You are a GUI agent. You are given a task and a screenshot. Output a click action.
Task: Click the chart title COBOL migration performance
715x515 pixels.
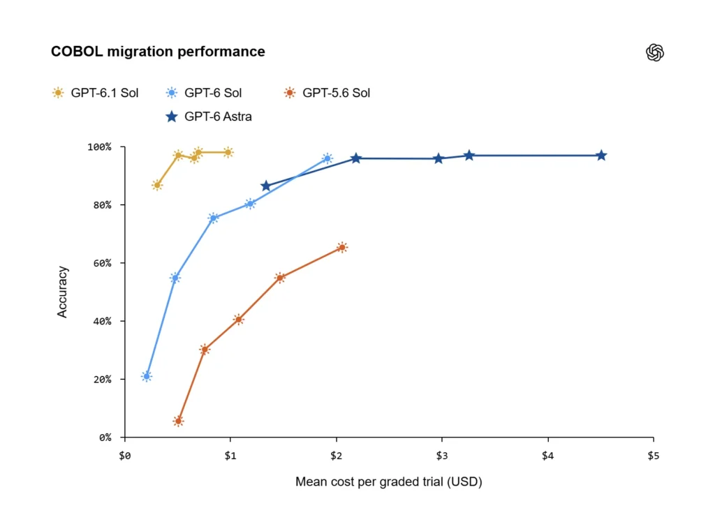158,52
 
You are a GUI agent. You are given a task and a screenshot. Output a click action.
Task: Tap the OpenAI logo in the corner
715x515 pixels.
655,52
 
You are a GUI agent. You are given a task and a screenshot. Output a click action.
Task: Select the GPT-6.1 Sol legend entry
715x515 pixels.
95,93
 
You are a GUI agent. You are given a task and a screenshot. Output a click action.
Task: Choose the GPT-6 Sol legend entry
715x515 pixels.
204,93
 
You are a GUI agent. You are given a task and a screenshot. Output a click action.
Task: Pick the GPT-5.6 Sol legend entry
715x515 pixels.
327,93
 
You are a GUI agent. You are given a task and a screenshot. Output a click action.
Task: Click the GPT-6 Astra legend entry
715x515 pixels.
208,117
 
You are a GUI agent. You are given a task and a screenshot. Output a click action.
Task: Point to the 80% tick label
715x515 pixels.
102,205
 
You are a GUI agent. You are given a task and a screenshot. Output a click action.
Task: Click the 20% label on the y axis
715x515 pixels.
102,379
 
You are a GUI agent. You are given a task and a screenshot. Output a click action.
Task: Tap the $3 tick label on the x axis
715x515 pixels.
442,456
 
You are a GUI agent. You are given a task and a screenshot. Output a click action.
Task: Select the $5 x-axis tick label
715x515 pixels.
654,456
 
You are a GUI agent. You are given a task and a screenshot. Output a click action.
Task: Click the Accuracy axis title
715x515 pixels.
62,292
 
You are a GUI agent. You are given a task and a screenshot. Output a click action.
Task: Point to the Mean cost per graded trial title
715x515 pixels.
388,482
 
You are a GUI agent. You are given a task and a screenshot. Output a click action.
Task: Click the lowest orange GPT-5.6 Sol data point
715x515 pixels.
179,421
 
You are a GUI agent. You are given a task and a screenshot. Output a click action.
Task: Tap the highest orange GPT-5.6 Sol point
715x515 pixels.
342,248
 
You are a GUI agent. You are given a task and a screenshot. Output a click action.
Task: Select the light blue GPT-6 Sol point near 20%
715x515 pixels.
147,376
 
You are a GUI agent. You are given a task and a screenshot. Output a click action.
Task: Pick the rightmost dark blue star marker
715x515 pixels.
601,156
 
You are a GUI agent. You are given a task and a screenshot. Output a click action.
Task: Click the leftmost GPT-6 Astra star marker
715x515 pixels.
266,186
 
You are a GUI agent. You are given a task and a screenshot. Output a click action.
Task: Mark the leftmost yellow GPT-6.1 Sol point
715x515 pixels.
157,186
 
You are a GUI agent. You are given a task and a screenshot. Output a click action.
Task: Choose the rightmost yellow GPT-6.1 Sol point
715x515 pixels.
228,152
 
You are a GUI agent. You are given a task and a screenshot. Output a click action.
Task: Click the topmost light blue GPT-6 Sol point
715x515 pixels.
327,158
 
